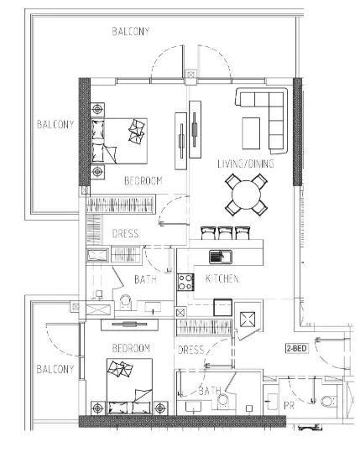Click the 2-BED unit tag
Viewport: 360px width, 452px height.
pos(296,348)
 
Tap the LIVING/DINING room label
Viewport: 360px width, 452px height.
pos(246,164)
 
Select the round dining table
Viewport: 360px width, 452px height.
pos(246,195)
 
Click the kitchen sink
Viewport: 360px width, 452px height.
pos(221,257)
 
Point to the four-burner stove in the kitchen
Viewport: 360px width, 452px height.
pos(185,282)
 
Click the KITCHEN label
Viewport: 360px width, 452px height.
pos(222,278)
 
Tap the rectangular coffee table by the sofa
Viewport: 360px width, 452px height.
pos(251,133)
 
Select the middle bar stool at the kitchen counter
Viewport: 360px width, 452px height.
pos(225,233)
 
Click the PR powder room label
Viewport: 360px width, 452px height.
pos(289,406)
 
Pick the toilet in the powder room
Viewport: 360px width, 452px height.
pos(329,401)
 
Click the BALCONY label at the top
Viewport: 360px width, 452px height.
pos(131,31)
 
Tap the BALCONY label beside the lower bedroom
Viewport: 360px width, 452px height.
pos(55,369)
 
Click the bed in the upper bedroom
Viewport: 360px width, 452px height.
pos(119,141)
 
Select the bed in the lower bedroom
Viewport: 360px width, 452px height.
pos(129,387)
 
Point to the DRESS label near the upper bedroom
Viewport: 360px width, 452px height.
pos(125,233)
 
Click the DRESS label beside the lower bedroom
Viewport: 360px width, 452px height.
pos(191,350)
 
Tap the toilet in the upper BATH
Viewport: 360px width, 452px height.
pos(126,302)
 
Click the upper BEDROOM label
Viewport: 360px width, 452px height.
pos(143,181)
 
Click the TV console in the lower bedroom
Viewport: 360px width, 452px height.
pos(129,325)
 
